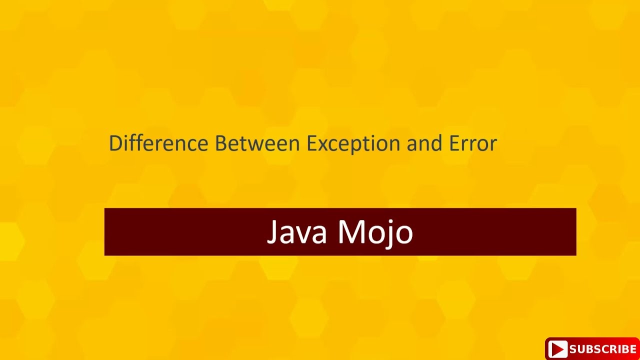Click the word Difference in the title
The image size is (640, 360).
(x=158, y=143)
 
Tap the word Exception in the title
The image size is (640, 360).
(x=353, y=144)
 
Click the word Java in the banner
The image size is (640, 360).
(x=297, y=232)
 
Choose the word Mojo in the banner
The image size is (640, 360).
(x=375, y=232)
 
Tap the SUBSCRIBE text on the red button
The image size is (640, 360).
(x=602, y=349)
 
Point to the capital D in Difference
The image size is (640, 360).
(x=115, y=143)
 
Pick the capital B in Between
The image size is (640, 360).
(x=220, y=143)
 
